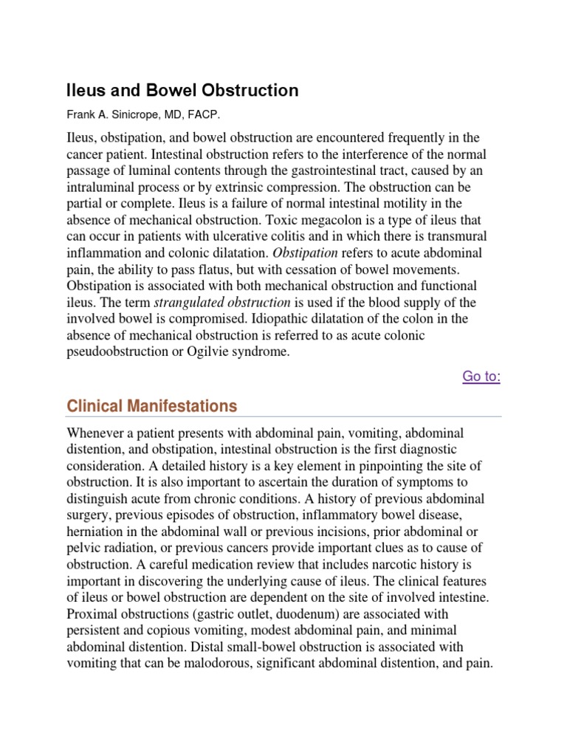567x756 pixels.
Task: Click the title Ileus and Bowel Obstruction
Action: [182, 91]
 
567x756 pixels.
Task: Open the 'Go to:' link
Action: [481, 377]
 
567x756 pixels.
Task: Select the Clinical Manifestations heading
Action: [152, 406]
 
